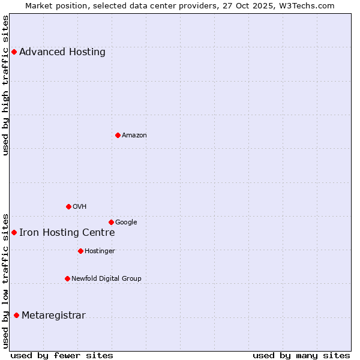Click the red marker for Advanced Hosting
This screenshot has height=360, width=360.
pyautogui.click(x=14, y=52)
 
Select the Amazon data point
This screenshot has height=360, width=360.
pyautogui.click(x=118, y=135)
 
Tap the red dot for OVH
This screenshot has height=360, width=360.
pyautogui.click(x=68, y=206)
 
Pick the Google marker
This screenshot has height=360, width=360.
pyautogui.click(x=111, y=222)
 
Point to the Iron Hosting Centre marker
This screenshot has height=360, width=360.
pyautogui.click(x=14, y=232)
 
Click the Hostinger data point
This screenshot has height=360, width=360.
pyautogui.click(x=80, y=251)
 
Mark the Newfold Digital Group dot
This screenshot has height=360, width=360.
pyautogui.click(x=67, y=278)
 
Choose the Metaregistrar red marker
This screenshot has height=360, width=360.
pyautogui.click(x=16, y=316)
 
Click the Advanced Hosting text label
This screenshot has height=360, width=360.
pyautogui.click(x=62, y=52)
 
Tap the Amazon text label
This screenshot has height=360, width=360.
pyautogui.click(x=134, y=136)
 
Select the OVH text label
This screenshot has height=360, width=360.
pyautogui.click(x=80, y=207)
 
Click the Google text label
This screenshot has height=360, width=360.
pyautogui.click(x=126, y=223)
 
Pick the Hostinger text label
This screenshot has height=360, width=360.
pyautogui.click(x=100, y=251)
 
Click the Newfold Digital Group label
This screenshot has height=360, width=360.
pyautogui.click(x=106, y=279)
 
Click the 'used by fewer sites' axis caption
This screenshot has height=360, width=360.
pyautogui.click(x=62, y=355)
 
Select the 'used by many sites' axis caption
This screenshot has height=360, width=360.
pyautogui.click(x=301, y=355)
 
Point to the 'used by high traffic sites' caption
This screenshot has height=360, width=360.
pyautogui.click(x=6, y=85)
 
